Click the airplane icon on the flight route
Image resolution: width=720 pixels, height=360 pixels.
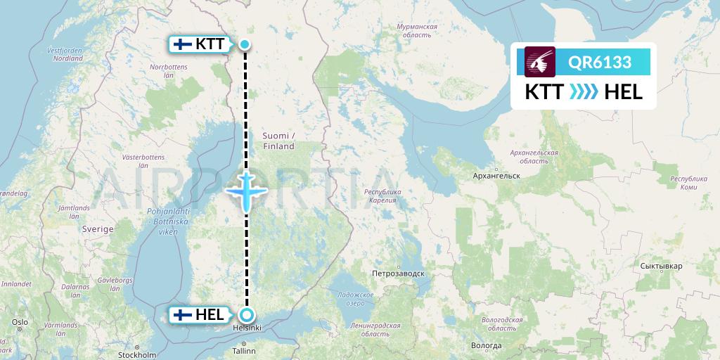245,190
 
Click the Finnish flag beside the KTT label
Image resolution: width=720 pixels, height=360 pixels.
183,44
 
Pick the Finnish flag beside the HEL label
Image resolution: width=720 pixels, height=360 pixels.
183,315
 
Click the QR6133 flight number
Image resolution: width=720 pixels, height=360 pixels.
600,63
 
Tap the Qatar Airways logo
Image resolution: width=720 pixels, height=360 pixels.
540,62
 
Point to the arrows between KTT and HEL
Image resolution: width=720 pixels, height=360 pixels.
583,92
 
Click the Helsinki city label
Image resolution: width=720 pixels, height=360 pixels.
247,328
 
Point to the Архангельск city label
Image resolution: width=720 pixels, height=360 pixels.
496,174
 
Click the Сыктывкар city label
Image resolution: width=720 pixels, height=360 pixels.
662,266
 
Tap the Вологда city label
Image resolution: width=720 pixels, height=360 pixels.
486,346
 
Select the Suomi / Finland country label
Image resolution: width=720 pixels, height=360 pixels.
278,141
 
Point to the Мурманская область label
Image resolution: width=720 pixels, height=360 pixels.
417,31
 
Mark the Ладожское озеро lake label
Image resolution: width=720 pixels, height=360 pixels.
355,299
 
